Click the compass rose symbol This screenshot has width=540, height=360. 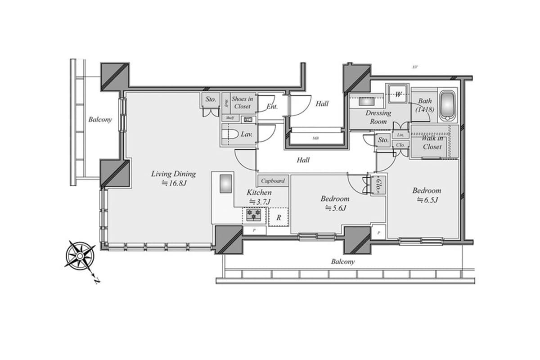(80, 256)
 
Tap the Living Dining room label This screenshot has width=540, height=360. (173, 174)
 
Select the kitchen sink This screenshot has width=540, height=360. (225, 184)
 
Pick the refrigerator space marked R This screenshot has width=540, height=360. (279, 217)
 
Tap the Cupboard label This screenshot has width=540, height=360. (273, 181)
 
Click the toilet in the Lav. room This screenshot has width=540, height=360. (231, 135)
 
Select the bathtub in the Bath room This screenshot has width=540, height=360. (448, 106)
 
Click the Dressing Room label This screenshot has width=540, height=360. (378, 117)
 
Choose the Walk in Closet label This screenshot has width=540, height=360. (432, 142)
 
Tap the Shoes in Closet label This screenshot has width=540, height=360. (242, 103)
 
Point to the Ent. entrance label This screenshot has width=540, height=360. (272, 107)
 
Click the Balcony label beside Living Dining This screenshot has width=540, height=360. (100, 120)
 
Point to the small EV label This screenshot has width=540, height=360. (415, 67)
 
